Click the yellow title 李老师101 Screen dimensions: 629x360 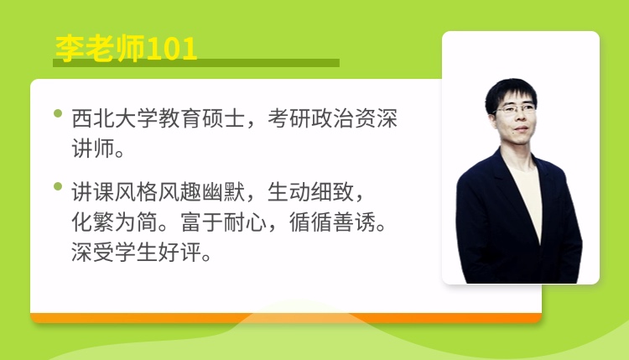126,49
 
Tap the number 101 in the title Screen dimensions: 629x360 172,49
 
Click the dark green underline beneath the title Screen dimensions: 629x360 196,63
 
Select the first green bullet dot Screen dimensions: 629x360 58,113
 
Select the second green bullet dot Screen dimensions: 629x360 58,186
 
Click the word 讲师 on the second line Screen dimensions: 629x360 93,149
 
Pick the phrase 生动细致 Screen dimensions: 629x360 310,192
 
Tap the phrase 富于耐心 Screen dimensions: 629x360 223,222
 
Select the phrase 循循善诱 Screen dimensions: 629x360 332,222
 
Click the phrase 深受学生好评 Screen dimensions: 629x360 137,252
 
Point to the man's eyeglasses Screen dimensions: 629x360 515,109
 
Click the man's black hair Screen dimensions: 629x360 510,91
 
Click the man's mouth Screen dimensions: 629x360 521,129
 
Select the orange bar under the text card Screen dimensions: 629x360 286,318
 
